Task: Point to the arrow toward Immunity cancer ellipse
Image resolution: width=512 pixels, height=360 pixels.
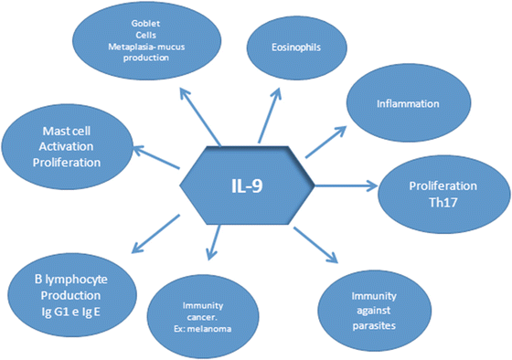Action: click(x=213, y=245)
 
